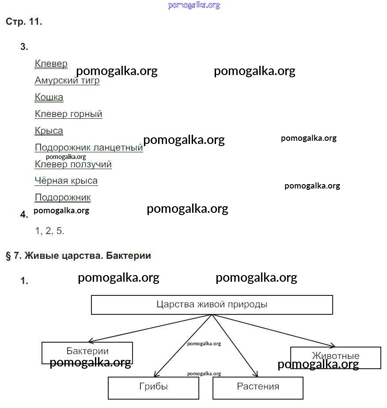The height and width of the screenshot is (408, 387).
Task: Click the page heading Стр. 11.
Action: pos(24,22)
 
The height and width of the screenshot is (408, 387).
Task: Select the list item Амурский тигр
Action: pos(67,81)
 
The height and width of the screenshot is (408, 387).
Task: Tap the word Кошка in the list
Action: pos(49,97)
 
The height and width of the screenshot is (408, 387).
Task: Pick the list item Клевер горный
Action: pos(68,114)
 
